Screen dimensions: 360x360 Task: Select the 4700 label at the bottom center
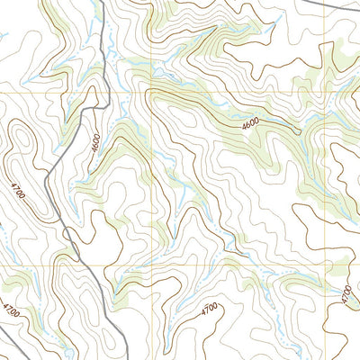coord(209,311)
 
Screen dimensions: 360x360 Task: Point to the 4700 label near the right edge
coord(347,293)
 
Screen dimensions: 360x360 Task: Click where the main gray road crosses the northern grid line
coord(109,92)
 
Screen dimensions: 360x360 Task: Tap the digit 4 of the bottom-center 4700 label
coord(202,315)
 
